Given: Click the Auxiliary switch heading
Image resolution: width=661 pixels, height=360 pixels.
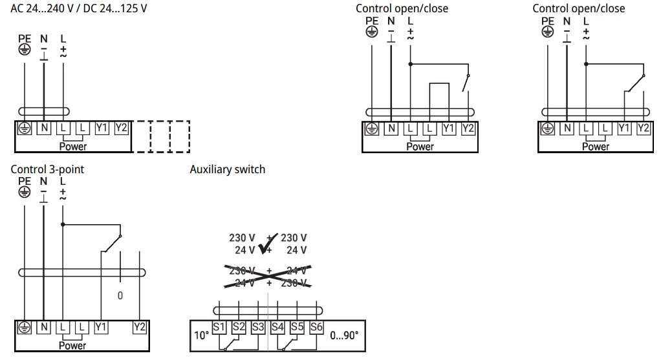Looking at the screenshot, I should [x=227, y=169].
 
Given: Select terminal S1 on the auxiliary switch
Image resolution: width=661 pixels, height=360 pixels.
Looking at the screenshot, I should [x=219, y=327].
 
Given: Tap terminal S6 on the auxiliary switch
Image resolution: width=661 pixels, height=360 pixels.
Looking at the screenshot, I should [x=316, y=327].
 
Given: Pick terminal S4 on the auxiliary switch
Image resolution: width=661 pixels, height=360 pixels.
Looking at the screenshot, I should [x=277, y=327].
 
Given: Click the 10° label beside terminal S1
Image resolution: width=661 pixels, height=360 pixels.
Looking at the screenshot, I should [x=201, y=336].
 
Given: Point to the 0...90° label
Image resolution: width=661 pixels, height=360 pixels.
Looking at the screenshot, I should [x=344, y=336].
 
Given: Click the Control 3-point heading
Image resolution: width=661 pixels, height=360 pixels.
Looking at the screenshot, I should [x=47, y=169].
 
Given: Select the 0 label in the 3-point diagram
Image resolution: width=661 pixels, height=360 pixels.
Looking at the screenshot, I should [x=120, y=295].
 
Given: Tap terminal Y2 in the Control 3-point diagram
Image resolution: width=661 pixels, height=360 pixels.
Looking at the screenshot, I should [x=139, y=327].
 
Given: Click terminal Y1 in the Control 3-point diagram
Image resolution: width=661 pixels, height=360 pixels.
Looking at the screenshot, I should [x=100, y=327].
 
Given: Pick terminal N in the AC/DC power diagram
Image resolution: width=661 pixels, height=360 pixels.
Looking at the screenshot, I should [x=44, y=127].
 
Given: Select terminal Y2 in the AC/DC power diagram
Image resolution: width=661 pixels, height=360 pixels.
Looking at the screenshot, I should [x=121, y=127].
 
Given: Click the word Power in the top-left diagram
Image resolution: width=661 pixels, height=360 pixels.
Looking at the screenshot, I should [x=72, y=146].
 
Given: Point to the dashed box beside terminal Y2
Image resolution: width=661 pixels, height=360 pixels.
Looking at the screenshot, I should [x=160, y=136].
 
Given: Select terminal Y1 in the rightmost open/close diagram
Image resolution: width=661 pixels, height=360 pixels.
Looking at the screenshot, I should [x=624, y=128].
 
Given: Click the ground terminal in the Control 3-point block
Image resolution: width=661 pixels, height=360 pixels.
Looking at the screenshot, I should [x=24, y=327].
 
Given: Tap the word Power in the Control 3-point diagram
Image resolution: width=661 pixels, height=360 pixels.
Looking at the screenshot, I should [x=72, y=346].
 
